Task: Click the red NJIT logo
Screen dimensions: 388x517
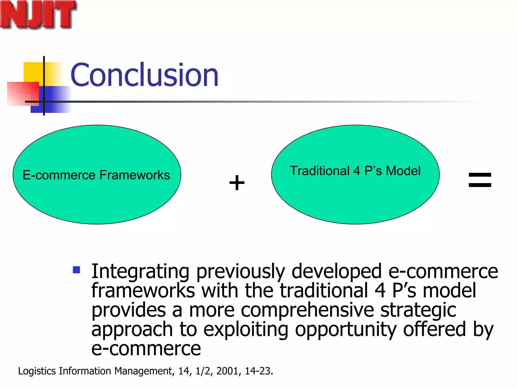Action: click(x=38, y=15)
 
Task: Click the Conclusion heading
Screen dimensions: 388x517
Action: click(x=144, y=75)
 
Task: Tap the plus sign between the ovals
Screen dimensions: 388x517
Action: click(x=237, y=182)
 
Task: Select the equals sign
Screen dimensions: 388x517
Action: click(x=480, y=180)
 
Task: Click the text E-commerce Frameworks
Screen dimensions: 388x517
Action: click(x=96, y=175)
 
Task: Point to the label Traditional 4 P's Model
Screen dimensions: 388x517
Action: click(x=355, y=171)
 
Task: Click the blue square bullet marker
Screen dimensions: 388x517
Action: click(x=76, y=270)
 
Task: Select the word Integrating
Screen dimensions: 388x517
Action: click(x=140, y=272)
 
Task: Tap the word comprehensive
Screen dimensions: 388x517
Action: click(x=307, y=310)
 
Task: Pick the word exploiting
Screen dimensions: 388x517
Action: click(x=246, y=330)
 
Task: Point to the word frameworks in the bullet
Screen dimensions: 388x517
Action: click(x=143, y=291)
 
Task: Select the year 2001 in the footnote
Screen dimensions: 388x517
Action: click(x=227, y=371)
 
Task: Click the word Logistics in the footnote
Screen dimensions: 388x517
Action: click(x=37, y=371)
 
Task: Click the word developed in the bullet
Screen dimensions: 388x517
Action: click(x=337, y=272)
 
